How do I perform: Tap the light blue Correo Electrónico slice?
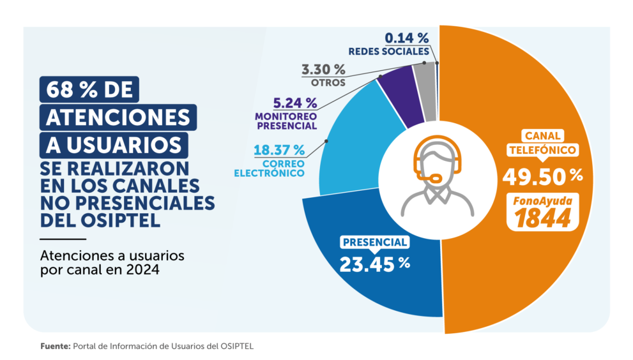tap(355, 153)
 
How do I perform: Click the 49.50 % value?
tap(542, 176)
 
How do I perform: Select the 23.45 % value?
tap(375, 264)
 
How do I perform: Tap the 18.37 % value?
tap(279, 150)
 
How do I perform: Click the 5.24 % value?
tap(295, 103)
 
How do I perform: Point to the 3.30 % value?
tap(323, 70)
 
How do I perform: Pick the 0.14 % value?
tap(406, 38)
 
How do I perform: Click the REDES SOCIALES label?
tap(389, 52)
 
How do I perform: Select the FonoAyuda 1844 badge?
tap(542, 212)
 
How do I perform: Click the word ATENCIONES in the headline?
tap(118, 117)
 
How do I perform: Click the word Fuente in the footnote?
tap(56, 347)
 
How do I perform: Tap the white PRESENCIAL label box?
tap(375, 242)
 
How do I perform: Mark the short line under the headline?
tap(63, 239)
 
